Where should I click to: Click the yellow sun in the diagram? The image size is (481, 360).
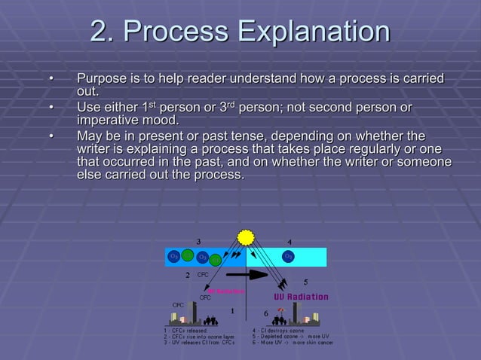click(246, 238)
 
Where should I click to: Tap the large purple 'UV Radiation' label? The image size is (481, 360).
click(301, 297)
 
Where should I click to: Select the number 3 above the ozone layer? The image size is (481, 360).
click(198, 241)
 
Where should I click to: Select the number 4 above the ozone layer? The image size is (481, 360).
click(290, 242)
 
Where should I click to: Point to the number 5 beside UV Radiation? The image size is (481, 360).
click(305, 281)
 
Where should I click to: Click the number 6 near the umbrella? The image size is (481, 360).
click(266, 312)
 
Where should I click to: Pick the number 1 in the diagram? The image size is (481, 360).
click(233, 310)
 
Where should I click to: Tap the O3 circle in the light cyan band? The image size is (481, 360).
click(288, 257)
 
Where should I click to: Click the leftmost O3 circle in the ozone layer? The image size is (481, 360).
click(173, 257)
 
